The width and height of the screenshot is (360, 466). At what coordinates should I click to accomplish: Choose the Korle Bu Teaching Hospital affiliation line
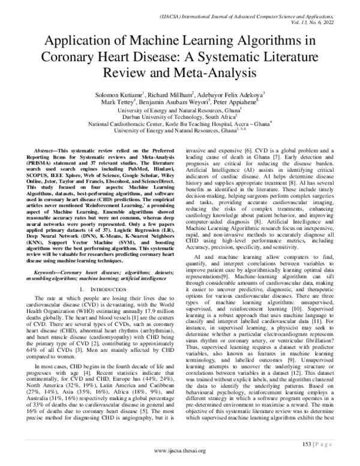[179, 124]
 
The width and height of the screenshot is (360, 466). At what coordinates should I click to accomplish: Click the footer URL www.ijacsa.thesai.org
[180, 452]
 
